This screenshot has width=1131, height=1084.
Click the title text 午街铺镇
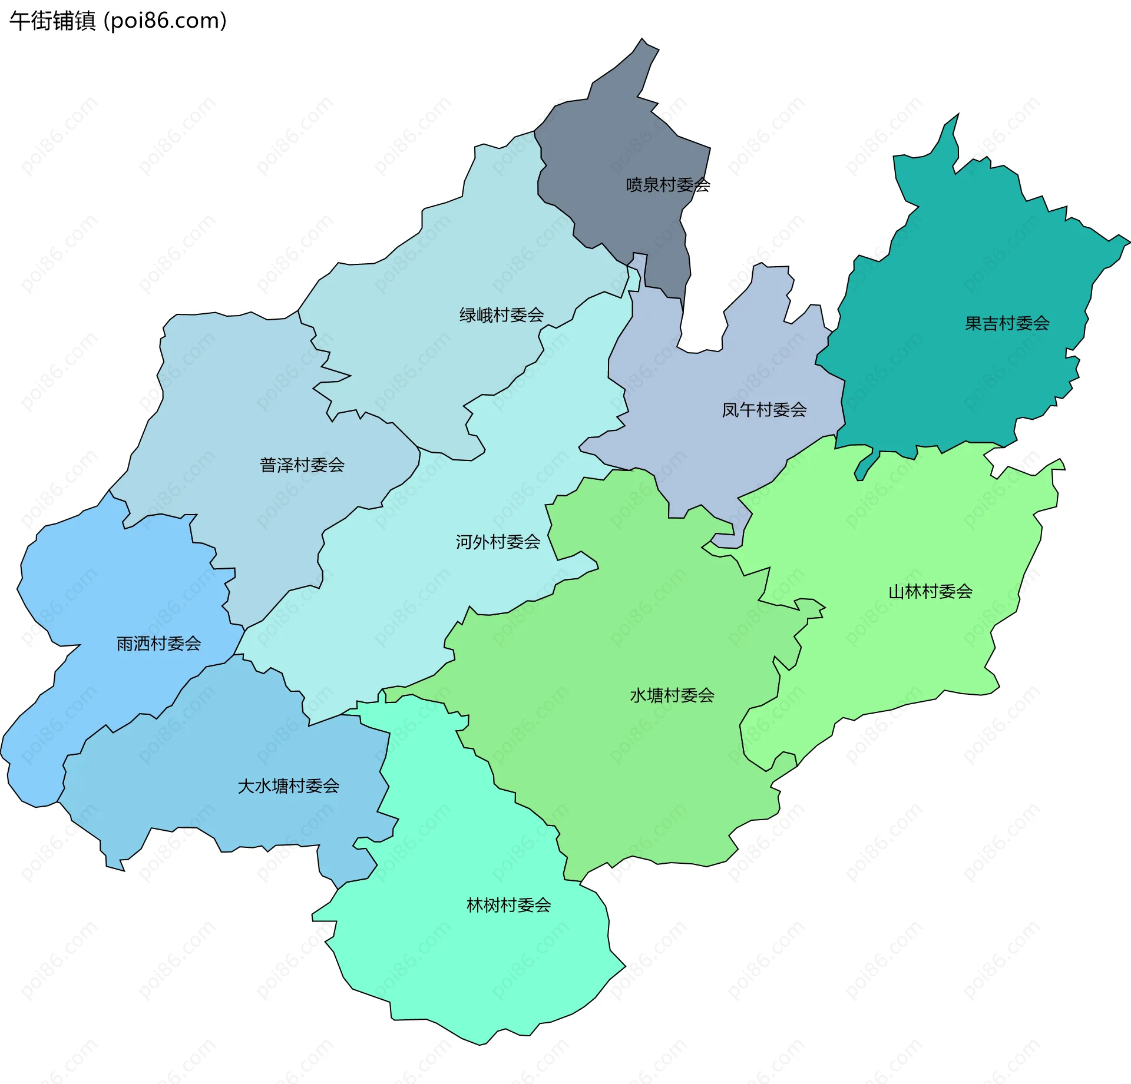tap(52, 21)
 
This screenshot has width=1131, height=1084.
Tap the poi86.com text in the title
tap(165, 21)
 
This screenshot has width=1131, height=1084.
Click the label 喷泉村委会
tap(667, 185)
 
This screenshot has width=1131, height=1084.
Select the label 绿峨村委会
tap(501, 315)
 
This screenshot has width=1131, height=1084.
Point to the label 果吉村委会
tap(1007, 323)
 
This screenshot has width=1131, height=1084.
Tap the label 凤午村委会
tap(764, 410)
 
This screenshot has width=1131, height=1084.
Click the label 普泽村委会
tap(302, 465)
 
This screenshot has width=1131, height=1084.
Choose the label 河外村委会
tap(498, 542)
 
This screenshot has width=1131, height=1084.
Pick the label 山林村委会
tap(930, 591)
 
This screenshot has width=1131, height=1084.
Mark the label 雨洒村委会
tap(158, 644)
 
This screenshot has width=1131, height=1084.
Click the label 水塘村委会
tap(672, 695)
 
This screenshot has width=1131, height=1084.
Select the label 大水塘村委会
tap(288, 786)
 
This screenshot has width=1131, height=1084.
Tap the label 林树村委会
tap(508, 905)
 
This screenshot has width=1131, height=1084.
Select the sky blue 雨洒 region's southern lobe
tap(29, 777)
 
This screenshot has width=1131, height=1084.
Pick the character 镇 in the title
tap(85, 21)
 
